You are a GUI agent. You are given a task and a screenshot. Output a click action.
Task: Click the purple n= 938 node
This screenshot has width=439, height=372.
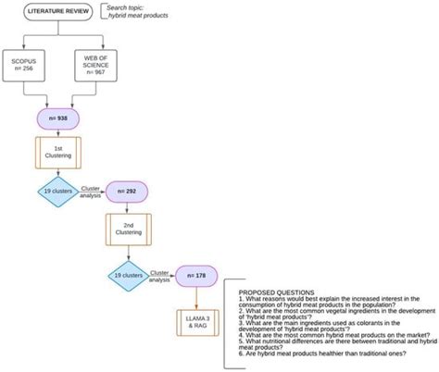tap(56, 118)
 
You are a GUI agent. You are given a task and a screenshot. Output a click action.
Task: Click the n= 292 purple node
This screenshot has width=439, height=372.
tap(128, 192)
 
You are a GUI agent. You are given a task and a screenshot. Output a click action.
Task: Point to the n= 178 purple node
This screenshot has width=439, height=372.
tap(203, 275)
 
